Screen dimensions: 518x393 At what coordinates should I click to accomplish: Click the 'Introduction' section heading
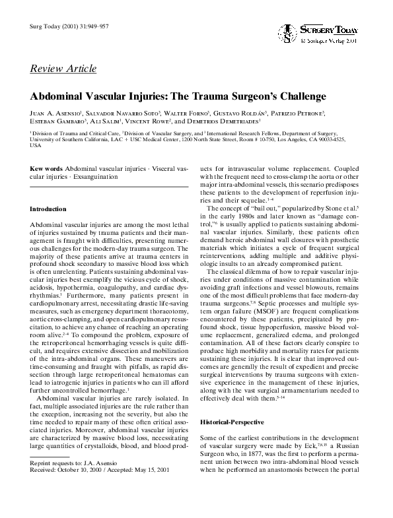tap(48, 209)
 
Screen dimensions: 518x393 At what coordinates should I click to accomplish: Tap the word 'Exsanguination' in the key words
tap(95, 177)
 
